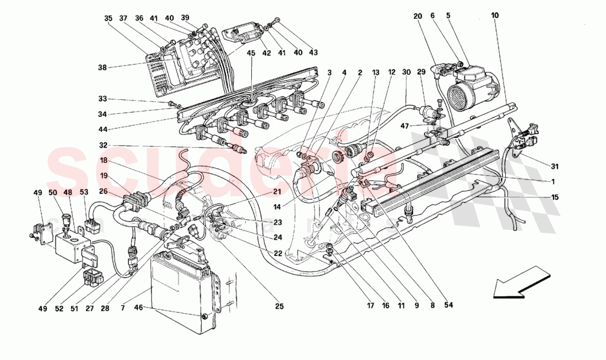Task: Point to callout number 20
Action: (x=418, y=16)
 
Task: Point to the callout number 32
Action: (x=102, y=146)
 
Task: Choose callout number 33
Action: (x=102, y=99)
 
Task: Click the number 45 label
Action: (x=251, y=53)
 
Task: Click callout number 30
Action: (x=406, y=72)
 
